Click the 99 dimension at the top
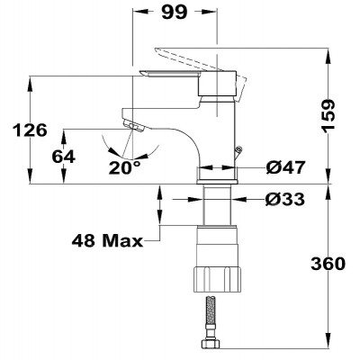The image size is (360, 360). coord(175,13)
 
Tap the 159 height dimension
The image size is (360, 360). coord(328,114)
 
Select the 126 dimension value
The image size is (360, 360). coord(30,130)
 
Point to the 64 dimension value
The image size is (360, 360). coord(64,157)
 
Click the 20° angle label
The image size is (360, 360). coord(124,167)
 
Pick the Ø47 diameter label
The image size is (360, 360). coord(285,167)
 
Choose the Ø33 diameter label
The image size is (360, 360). coord(285,199)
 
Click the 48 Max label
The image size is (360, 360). coord(107,240)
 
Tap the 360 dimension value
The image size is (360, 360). coord(328,264)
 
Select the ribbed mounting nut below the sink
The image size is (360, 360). coord(217,279)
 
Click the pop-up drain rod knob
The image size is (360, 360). coord(239,148)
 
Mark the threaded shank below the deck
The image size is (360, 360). coord(217,204)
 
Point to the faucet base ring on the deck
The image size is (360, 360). coord(217,182)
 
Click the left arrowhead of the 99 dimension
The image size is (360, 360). coord(140,12)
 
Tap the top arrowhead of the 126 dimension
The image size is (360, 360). coord(30,85)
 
